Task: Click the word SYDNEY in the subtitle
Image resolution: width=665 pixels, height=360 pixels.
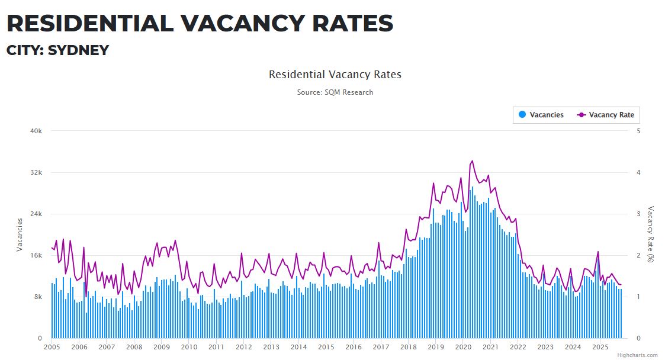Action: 79,50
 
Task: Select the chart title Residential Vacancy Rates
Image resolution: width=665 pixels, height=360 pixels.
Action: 335,75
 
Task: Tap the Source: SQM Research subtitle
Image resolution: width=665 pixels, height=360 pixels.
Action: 335,92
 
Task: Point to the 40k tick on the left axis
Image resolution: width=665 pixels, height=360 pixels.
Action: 36,131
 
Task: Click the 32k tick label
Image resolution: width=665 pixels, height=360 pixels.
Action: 36,172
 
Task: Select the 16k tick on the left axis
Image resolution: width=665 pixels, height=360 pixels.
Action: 36,255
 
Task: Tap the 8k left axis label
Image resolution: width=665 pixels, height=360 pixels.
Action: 38,297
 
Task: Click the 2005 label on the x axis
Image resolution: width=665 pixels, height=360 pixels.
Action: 52,348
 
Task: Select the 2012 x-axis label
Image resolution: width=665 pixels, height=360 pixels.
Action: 243,348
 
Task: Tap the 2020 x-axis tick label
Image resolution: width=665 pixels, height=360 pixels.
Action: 463,348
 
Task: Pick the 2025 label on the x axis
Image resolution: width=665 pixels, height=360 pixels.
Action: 600,348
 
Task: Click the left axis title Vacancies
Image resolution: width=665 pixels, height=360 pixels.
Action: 20,234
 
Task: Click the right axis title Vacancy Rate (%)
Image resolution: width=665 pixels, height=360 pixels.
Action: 651,234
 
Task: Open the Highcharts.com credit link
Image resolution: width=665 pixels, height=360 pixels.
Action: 637,355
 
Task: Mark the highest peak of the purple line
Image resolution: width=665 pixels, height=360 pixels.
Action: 472,160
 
